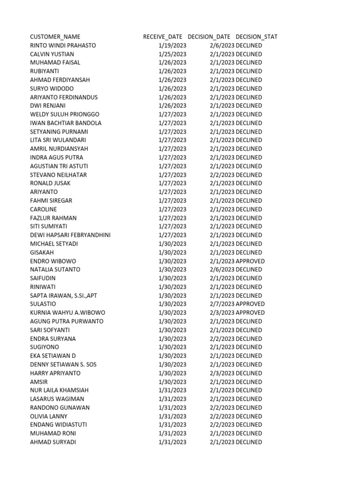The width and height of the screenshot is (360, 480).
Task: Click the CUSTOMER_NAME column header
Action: tap(55, 37)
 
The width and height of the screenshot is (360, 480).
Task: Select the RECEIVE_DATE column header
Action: tap(163, 37)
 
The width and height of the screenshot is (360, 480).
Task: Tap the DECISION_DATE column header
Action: tap(209, 37)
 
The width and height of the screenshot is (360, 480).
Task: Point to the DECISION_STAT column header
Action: tap(256, 37)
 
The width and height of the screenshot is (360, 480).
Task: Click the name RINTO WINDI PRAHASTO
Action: tap(63, 45)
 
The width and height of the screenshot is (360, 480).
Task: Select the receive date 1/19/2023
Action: tap(172, 45)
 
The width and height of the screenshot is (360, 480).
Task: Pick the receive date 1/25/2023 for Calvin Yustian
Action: tap(172, 54)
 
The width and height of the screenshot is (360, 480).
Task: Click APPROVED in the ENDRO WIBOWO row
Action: tap(250, 261)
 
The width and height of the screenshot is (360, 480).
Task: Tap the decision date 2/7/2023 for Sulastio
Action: tap(222, 304)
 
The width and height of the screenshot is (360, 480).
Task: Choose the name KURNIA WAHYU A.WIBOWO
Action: tap(67, 313)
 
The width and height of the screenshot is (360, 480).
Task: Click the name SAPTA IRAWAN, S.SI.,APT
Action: tap(63, 296)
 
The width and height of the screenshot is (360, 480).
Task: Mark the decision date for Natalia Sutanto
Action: tap(222, 270)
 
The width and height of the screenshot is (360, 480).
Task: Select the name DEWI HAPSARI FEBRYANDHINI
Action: tap(70, 235)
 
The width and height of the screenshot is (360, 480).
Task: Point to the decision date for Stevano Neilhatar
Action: tap(222, 175)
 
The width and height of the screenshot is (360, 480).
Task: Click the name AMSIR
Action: tap(39, 382)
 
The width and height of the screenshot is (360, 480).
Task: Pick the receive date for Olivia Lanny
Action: tap(172, 416)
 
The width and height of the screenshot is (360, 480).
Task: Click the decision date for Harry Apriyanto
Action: tap(222, 373)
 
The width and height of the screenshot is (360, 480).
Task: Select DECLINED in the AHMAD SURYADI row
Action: tap(249, 442)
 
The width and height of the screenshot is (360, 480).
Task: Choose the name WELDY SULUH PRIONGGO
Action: tap(65, 114)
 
